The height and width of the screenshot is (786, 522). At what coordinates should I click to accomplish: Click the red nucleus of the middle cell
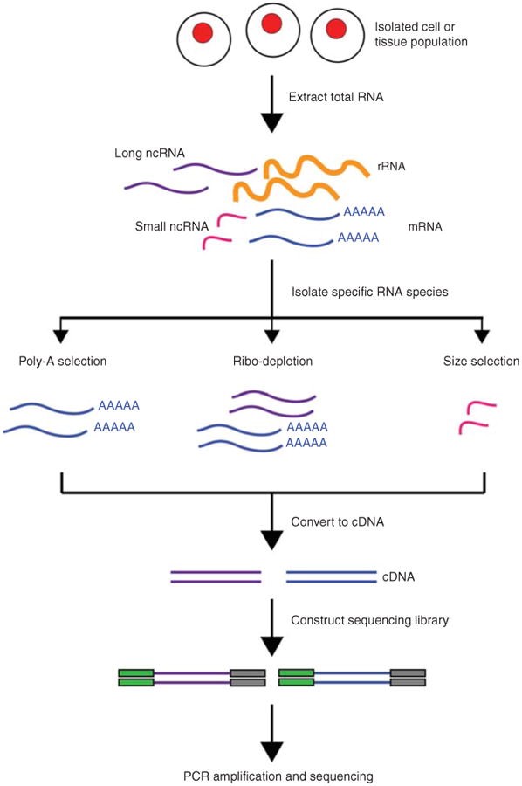271,23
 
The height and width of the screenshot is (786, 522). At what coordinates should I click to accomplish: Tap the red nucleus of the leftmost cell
203,33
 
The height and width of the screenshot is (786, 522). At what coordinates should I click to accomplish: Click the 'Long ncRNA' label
149,154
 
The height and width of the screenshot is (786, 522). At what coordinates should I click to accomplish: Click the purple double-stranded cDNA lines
216,576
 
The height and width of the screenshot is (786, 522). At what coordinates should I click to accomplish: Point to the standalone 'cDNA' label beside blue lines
398,577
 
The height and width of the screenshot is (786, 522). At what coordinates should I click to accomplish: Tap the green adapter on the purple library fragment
137,677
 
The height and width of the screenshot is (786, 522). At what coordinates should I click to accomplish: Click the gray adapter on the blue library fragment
408,677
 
